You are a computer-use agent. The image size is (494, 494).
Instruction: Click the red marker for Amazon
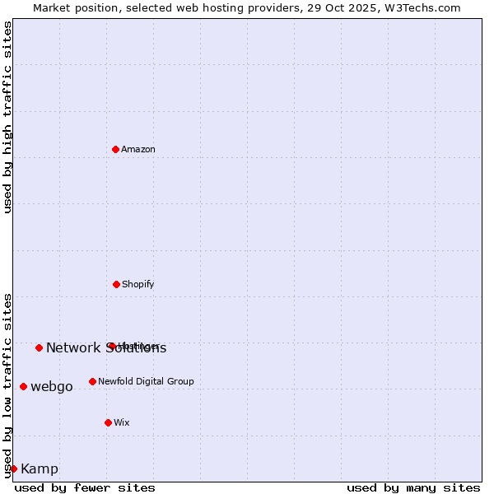(x=116, y=149)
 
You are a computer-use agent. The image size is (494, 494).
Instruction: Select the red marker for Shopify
(x=116, y=284)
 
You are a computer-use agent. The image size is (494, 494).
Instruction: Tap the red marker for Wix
(x=108, y=422)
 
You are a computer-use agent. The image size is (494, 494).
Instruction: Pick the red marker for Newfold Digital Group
(x=92, y=381)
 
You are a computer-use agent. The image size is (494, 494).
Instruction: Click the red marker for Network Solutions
(x=39, y=347)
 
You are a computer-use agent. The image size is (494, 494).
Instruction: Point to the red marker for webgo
(x=23, y=386)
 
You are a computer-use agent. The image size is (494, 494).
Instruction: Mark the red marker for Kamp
(x=13, y=468)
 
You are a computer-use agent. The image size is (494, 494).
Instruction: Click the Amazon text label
(x=138, y=149)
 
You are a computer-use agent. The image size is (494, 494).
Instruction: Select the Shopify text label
(x=138, y=284)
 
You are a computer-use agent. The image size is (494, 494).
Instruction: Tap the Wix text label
(x=122, y=422)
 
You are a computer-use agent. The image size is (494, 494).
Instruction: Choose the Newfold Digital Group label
(x=146, y=381)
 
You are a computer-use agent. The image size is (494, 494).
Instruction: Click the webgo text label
(x=52, y=386)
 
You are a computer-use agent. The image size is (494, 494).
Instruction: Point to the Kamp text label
(x=40, y=468)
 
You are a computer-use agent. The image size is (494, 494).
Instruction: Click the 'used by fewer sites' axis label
(x=85, y=487)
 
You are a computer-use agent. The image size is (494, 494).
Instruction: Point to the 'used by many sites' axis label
(x=413, y=487)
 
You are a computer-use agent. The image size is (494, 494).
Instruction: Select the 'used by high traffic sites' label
(x=7, y=117)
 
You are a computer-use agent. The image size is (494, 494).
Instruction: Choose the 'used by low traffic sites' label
(x=7, y=385)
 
